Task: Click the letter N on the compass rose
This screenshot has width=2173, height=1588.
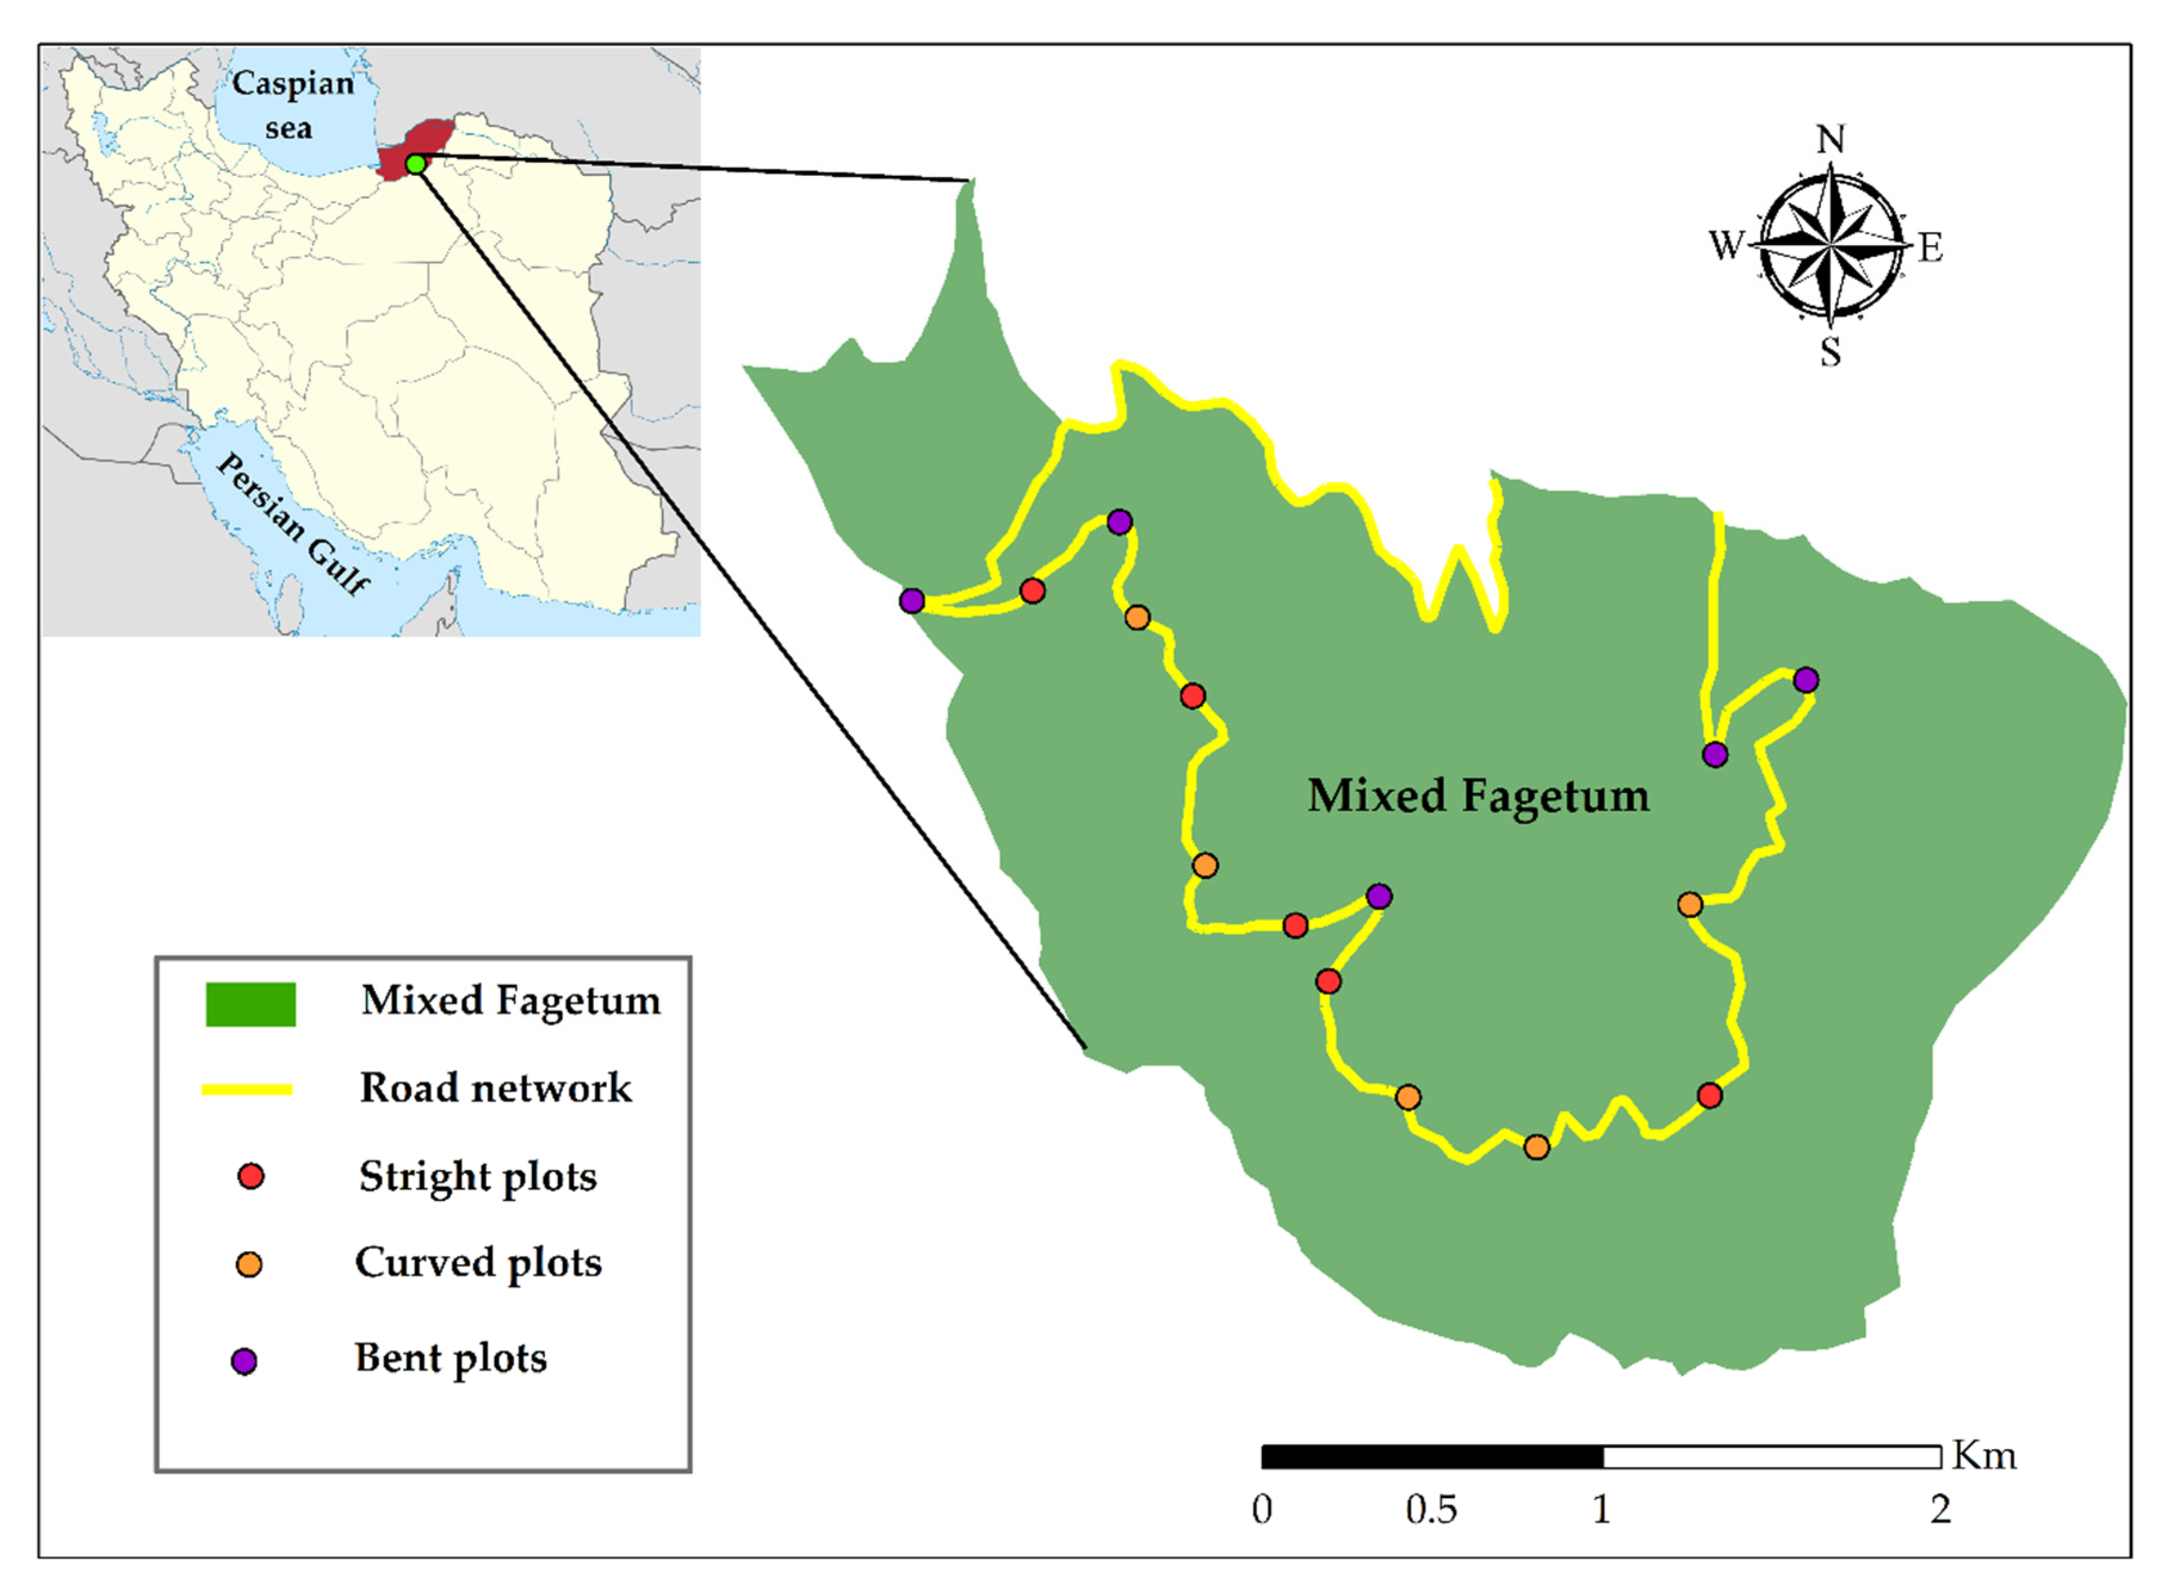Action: [x=1830, y=140]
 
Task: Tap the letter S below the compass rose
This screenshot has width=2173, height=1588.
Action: [x=1830, y=352]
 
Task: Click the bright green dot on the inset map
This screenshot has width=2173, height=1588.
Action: [x=415, y=165]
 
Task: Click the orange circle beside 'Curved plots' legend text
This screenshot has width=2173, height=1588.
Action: [x=249, y=1264]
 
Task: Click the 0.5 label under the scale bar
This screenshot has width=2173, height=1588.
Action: [x=1430, y=1510]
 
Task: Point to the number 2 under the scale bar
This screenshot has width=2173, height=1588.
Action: [x=1939, y=1510]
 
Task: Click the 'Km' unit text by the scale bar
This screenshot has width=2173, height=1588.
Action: [x=1983, y=1456]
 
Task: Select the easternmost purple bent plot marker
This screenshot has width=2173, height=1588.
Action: [x=1805, y=680]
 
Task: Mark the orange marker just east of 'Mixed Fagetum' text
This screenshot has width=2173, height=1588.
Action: [x=1689, y=905]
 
